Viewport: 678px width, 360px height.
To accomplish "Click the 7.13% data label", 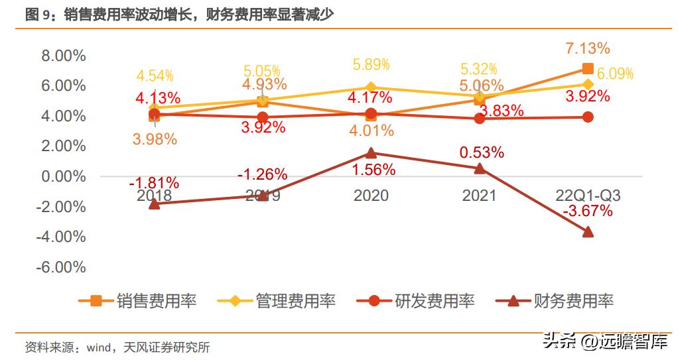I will point(587,48).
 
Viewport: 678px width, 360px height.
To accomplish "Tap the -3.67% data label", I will point(587,211).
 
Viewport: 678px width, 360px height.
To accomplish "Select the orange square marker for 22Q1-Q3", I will point(587,68).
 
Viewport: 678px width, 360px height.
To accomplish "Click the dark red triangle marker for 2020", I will point(371,153).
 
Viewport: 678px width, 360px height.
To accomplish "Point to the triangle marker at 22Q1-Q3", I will point(587,231).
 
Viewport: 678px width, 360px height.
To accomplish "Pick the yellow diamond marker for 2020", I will point(371,87).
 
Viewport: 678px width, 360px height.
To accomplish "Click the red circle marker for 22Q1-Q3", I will point(587,117).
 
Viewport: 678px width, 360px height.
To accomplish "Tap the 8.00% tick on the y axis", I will point(64,56).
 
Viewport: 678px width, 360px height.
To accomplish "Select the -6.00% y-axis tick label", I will point(62,267).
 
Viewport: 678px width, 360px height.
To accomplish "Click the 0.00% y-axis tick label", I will point(64,176).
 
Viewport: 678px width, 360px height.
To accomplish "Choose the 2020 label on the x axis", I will point(371,196).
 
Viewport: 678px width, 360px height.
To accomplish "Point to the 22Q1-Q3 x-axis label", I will point(587,196).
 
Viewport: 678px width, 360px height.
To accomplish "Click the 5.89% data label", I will point(371,64).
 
